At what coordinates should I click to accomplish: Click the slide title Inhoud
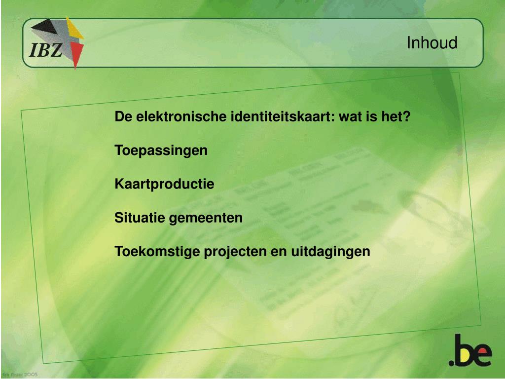pyautogui.click(x=432, y=43)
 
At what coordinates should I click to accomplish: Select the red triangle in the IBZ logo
pyautogui.click(x=76, y=52)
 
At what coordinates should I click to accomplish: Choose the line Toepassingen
pyautogui.click(x=161, y=151)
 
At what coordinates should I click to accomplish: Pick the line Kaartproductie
pyautogui.click(x=164, y=184)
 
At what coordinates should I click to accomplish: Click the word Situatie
pyautogui.click(x=140, y=218)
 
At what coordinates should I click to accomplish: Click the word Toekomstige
pyautogui.click(x=158, y=251)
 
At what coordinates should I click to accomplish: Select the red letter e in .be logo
pyautogui.click(x=482, y=355)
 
